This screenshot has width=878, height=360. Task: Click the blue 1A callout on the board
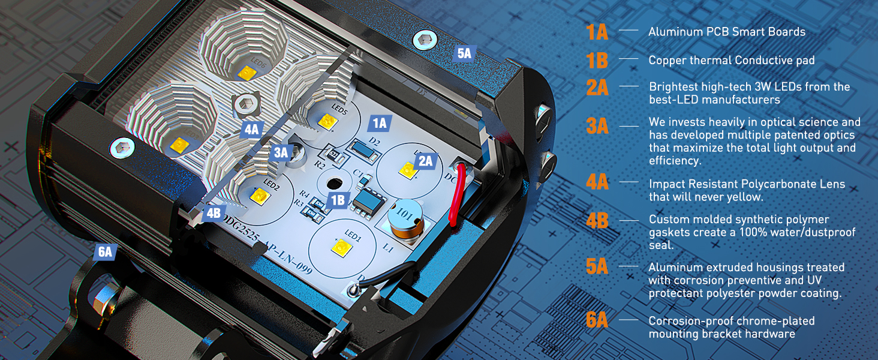click(x=380, y=124)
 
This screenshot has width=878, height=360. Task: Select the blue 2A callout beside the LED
click(x=425, y=161)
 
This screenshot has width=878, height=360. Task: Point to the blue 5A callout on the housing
click(x=464, y=53)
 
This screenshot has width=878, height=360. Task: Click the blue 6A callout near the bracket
click(x=105, y=252)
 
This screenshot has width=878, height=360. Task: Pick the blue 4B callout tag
click(x=213, y=213)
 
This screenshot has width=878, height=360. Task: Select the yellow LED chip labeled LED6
click(x=245, y=73)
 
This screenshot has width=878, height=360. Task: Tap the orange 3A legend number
click(x=597, y=126)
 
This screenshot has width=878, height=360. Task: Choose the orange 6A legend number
click(x=597, y=320)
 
